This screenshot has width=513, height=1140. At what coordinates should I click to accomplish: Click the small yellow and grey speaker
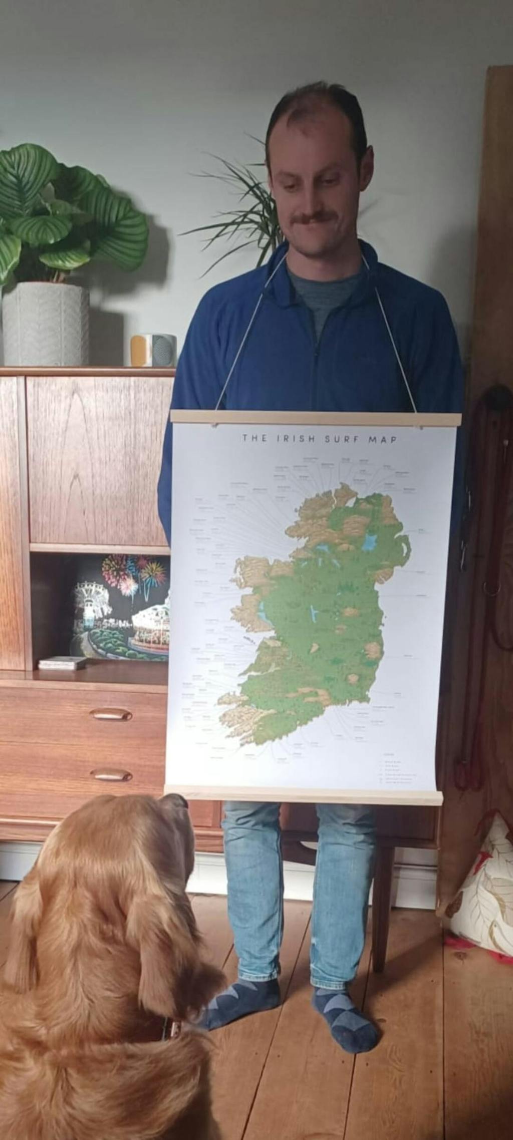pyautogui.click(x=153, y=350)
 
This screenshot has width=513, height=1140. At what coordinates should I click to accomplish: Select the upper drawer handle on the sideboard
pyautogui.click(x=111, y=714)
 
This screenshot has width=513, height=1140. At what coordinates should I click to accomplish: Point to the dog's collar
pyautogui.click(x=168, y=1028)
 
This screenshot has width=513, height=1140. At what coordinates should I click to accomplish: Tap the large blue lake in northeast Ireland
pyautogui.click(x=370, y=542)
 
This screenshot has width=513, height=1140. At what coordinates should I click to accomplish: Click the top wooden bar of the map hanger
pyautogui.click(x=316, y=418)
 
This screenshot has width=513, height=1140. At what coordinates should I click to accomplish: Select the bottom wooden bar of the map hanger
pyautogui.click(x=304, y=795)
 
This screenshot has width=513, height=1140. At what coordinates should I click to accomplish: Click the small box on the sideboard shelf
pyautogui.click(x=62, y=663)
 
